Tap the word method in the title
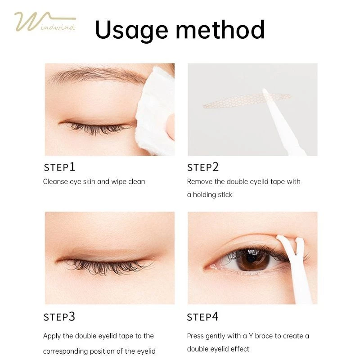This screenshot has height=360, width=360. (220, 29)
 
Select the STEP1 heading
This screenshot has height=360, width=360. (59, 167)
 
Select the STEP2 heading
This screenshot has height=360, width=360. (203, 167)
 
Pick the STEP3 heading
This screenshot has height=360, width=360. (59, 317)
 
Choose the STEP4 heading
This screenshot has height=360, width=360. (202, 317)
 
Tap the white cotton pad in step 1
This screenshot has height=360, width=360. (155, 110)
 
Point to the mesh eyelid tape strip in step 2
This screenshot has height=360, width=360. (247, 100)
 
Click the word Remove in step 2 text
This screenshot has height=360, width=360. (200, 182)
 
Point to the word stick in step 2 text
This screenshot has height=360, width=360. (225, 195)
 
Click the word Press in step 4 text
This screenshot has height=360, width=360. (195, 336)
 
